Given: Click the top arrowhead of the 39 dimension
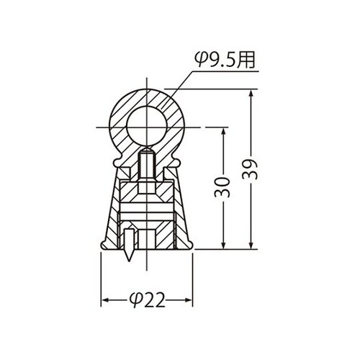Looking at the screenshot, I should coord(252,94).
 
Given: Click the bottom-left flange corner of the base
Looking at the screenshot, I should coord(102,246).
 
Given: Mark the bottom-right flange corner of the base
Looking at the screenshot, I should coord(192,246).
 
